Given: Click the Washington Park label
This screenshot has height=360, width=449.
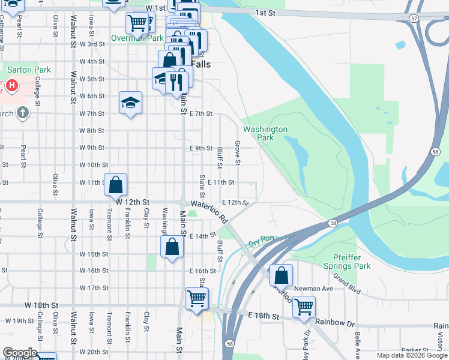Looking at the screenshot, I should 265,133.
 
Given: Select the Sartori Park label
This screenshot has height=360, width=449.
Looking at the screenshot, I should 29,70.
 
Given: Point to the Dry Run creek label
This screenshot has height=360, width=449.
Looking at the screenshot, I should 261,239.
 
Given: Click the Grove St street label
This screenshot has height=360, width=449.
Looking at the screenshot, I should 238,154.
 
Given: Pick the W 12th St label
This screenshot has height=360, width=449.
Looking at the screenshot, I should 132,203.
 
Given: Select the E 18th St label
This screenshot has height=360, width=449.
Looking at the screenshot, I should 264,316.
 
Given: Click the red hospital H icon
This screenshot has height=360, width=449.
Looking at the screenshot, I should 11,86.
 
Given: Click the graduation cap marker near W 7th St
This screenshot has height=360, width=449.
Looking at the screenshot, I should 130,103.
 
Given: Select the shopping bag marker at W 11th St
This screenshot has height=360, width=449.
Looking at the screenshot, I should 116,185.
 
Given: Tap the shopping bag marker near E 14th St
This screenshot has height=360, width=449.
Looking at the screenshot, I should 172,247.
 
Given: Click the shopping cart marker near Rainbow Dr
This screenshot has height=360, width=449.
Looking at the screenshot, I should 304,306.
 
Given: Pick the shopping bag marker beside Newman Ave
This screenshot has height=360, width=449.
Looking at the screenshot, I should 281,275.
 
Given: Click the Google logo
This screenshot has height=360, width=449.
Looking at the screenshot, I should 20,353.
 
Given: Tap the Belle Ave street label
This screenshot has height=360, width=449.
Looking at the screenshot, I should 357,342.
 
